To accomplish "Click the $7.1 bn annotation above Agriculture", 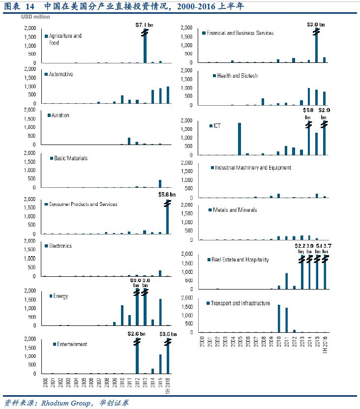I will pos(145,24).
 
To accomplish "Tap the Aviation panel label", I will pos(60,116).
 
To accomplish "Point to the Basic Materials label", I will pos(71,159).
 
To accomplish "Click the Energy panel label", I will pos(60,296).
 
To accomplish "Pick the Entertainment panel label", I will pos(72,344).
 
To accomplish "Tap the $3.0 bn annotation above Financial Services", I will pos(316,24).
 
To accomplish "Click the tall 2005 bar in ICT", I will pos(240,139).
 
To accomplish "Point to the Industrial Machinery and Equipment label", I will pos(253,168).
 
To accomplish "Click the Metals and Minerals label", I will pos(235,210).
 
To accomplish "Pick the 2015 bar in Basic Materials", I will pos(160,183).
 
